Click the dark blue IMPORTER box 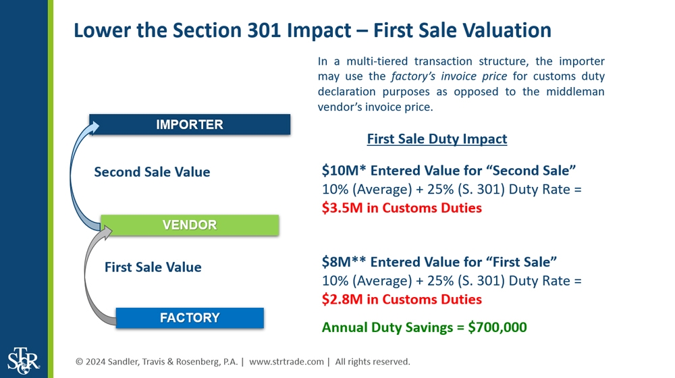pos(190,124)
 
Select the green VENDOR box pos(190,225)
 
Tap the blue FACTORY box pos(190,317)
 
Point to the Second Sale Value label pos(152,172)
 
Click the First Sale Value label pos(153,267)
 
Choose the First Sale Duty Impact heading pos(437,139)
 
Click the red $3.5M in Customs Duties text pos(402,208)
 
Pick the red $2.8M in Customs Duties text pos(402,299)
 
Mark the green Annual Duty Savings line pos(424,327)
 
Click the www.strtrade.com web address pos(287,362)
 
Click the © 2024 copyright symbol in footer pos(80,362)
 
